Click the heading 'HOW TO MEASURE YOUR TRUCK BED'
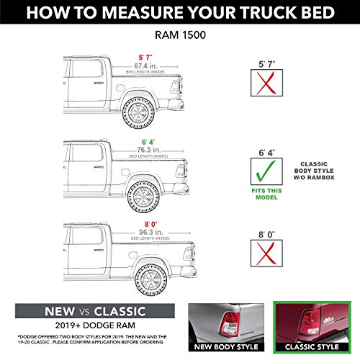[180, 13]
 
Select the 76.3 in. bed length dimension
[148, 149]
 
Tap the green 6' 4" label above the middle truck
[148, 139]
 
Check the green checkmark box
[268, 171]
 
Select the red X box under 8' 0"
[268, 256]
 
